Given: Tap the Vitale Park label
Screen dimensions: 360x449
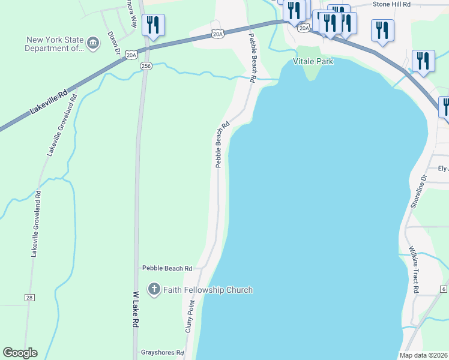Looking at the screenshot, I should pos(313,61).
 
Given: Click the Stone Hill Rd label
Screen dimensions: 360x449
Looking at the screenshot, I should pos(391,4).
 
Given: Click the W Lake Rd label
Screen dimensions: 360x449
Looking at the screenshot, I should pos(136,308).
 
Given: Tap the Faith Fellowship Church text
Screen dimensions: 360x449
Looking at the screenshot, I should pos(208,290).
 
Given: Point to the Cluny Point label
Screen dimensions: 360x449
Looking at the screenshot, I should pos(190,316).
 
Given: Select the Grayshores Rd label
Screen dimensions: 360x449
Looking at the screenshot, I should pos(162,353).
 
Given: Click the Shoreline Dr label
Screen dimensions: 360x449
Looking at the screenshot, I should pos(418,192).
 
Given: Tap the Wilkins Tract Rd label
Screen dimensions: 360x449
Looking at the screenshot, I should pos(414,268).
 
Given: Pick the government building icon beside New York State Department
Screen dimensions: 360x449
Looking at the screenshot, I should pos(93,43).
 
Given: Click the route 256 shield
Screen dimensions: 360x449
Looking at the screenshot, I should pos(146,65).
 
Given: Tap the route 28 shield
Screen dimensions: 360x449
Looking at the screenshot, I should pos(29,297).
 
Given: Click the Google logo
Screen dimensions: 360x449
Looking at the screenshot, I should pos(20,353).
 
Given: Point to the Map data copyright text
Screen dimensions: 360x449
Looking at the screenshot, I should pos(424,355).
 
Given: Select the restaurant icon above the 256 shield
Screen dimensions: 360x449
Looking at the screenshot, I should pos(154,25).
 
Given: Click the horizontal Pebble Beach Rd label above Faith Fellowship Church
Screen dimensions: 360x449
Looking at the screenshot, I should pos(167,268).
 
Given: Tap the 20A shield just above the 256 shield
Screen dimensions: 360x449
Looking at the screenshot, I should pos(132,55).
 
